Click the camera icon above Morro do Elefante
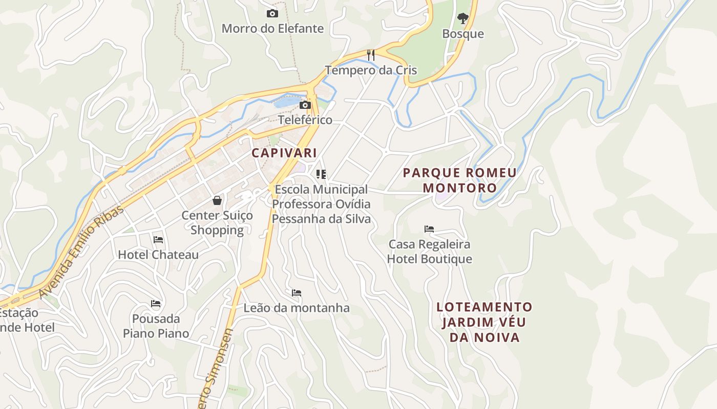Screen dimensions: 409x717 coord(272,14)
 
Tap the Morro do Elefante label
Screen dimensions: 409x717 coord(272,29)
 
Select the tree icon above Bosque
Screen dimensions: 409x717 coord(462,19)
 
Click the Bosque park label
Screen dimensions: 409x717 coord(463,34)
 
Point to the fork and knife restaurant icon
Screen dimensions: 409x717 coord(371,55)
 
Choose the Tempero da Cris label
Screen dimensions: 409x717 coord(371,70)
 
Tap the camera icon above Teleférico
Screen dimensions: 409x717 coord(305,105)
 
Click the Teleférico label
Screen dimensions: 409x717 coord(305,120)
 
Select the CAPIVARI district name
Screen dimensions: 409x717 coord(284,153)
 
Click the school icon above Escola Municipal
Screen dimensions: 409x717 coord(321,174)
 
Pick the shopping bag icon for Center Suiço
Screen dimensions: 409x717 coord(217,200)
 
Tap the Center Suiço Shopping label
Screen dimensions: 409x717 coord(217,223)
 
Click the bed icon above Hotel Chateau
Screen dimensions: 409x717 coord(158,239)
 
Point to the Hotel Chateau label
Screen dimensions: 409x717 coord(158,255)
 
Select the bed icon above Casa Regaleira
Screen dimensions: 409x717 coord(429,229)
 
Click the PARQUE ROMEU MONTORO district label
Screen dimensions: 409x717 coord(459,180)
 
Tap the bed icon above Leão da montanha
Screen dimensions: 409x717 coord(297,293)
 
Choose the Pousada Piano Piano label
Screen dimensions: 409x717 coord(156,326)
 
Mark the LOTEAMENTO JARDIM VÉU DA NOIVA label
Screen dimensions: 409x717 coord(484,322)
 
